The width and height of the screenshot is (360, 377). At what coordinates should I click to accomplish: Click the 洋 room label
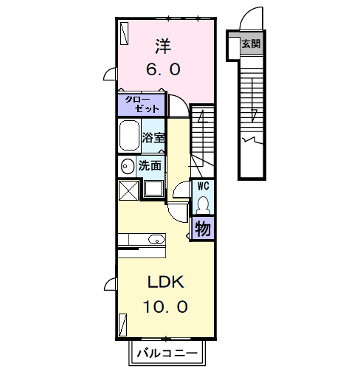(163, 46)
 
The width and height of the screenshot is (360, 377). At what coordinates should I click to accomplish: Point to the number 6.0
(163, 70)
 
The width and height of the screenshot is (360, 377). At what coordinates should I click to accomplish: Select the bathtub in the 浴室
(131, 136)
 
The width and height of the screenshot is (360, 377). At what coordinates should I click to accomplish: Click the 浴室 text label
(153, 137)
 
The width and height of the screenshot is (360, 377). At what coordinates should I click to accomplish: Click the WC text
(203, 186)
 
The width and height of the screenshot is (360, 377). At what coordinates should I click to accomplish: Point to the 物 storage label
(203, 228)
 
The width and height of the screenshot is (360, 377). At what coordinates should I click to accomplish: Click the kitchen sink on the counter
(156, 239)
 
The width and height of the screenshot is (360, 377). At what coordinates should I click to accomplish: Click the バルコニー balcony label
(166, 353)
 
